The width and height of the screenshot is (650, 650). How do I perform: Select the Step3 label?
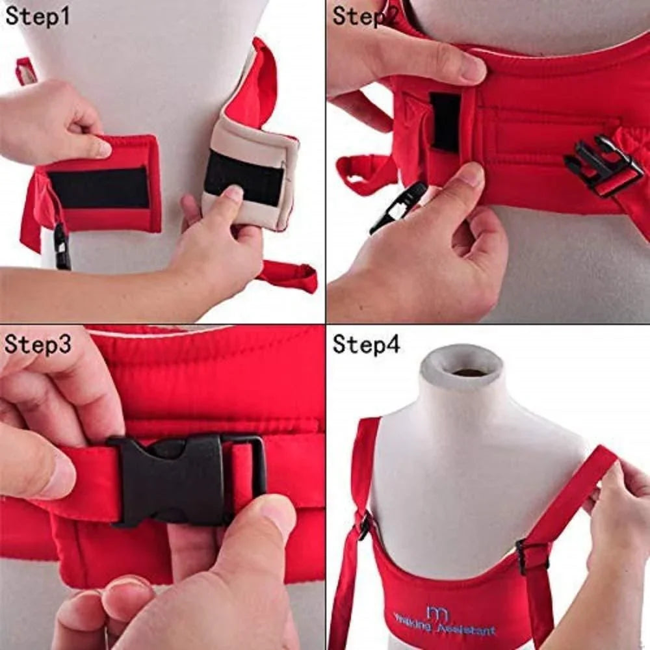click(38, 344)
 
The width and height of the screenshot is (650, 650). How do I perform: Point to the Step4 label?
click(366, 344)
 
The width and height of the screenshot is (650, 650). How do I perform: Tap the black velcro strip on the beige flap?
click(244, 177)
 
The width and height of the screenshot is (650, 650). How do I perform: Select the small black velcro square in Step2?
click(445, 121)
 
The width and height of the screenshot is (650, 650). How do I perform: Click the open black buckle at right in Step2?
click(602, 165)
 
